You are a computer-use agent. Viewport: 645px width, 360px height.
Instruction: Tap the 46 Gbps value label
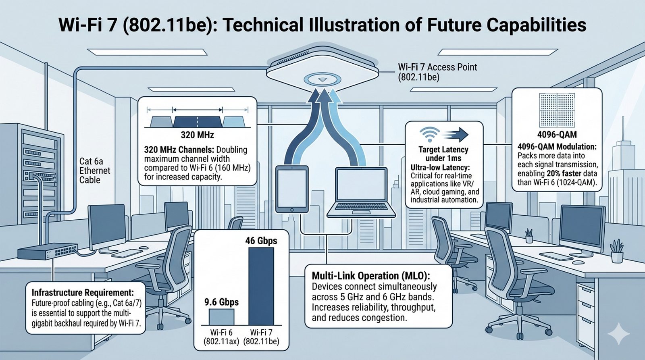261,241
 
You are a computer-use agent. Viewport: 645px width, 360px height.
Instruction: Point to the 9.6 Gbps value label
221,302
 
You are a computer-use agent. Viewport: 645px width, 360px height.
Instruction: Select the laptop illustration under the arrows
361,192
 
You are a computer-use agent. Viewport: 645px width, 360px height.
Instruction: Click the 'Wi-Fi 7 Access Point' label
437,67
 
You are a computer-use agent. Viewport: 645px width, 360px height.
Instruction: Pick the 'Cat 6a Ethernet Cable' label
95,171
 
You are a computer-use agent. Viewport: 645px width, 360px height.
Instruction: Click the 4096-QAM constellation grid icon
557,110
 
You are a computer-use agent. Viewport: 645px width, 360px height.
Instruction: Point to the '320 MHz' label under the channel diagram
198,135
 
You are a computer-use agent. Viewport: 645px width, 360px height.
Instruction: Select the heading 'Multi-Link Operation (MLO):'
371,276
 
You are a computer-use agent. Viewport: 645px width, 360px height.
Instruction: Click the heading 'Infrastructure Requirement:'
83,293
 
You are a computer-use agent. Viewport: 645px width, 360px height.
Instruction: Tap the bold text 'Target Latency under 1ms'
443,154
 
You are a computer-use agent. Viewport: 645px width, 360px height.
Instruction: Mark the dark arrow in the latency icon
455,135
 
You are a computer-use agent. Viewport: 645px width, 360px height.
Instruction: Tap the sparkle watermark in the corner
619,333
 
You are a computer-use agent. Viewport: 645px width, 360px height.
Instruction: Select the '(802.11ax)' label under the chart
221,341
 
